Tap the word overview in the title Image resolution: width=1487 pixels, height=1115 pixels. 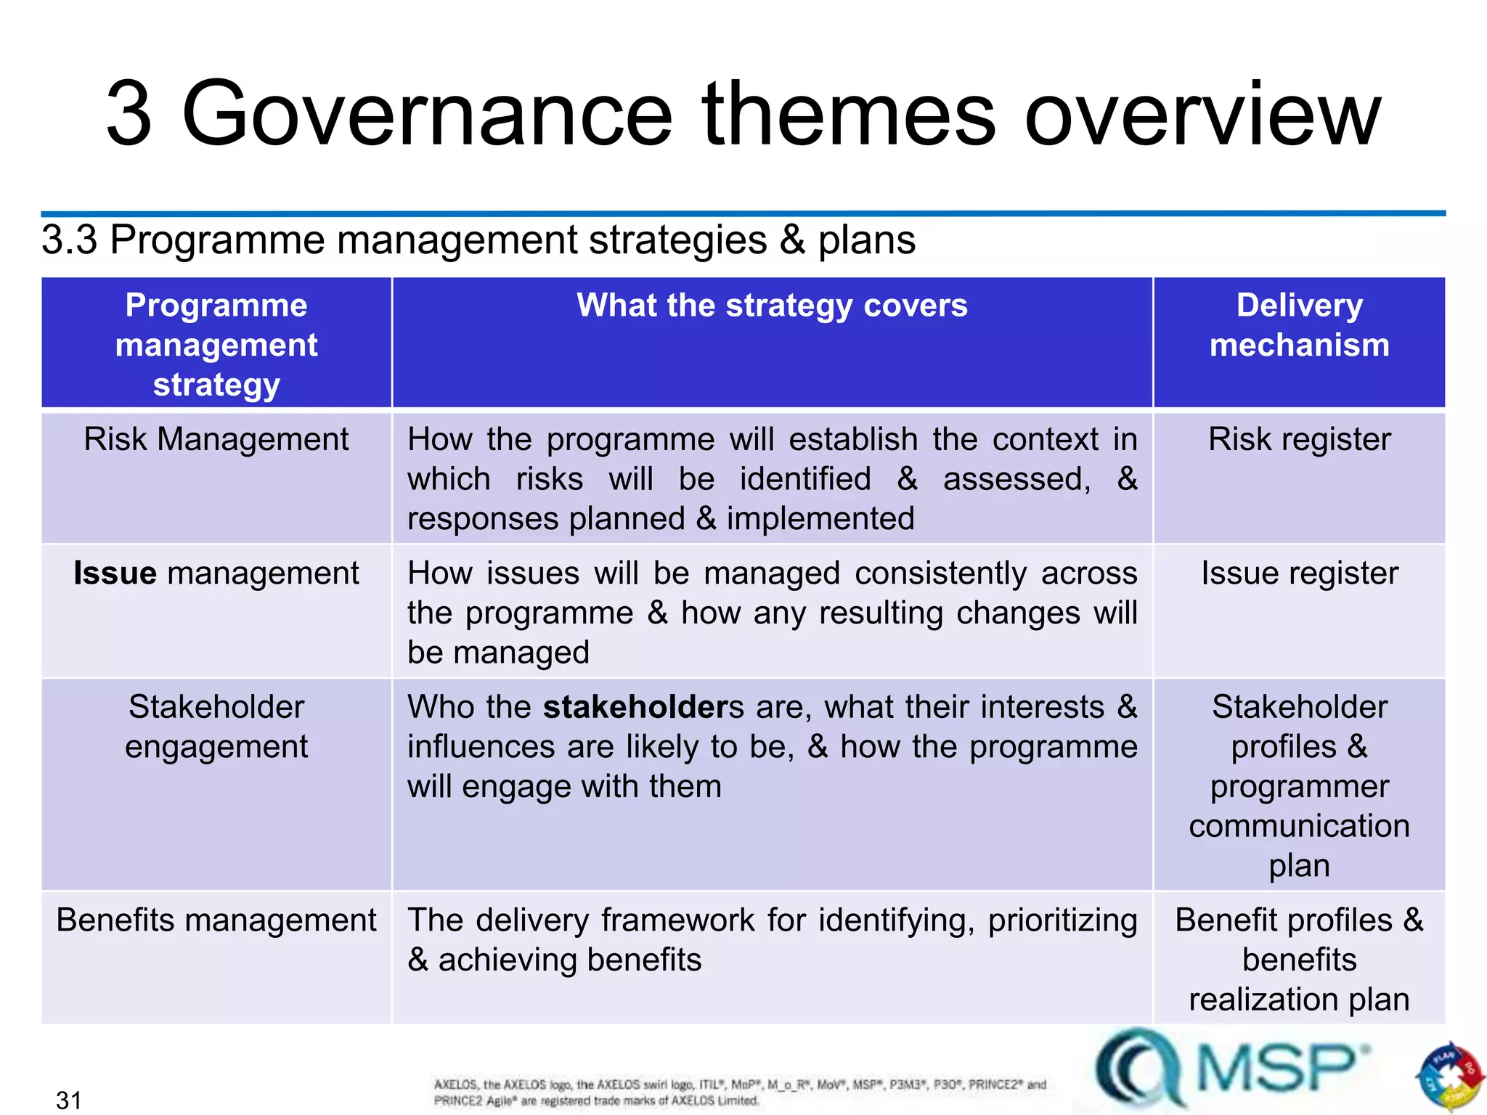click(x=1202, y=115)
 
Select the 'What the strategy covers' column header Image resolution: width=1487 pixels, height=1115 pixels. click(x=772, y=306)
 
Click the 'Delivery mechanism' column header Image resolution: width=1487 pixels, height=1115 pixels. click(x=1299, y=325)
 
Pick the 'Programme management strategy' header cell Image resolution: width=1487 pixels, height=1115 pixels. click(x=216, y=345)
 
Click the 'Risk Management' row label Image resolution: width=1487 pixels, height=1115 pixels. click(x=216, y=440)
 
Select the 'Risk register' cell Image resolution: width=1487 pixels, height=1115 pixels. click(x=1299, y=440)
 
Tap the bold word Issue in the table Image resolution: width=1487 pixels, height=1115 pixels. click(x=115, y=573)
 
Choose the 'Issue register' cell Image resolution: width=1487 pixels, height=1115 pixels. click(x=1299, y=573)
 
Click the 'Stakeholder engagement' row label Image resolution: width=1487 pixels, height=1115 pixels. click(x=216, y=727)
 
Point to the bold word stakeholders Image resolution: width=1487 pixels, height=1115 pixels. click(x=643, y=707)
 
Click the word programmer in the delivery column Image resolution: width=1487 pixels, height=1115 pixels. click(x=1299, y=787)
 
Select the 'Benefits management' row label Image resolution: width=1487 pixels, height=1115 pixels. click(x=216, y=920)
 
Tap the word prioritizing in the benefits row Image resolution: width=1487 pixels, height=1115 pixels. click(x=1062, y=920)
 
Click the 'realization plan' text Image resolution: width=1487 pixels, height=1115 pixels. click(x=1299, y=1000)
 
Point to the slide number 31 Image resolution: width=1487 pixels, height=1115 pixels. click(x=69, y=1100)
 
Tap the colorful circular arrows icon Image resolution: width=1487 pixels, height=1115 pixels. click(x=1449, y=1077)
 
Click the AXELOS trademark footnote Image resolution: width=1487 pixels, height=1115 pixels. click(x=739, y=1092)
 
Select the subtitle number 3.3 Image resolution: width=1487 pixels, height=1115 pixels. click(x=69, y=240)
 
